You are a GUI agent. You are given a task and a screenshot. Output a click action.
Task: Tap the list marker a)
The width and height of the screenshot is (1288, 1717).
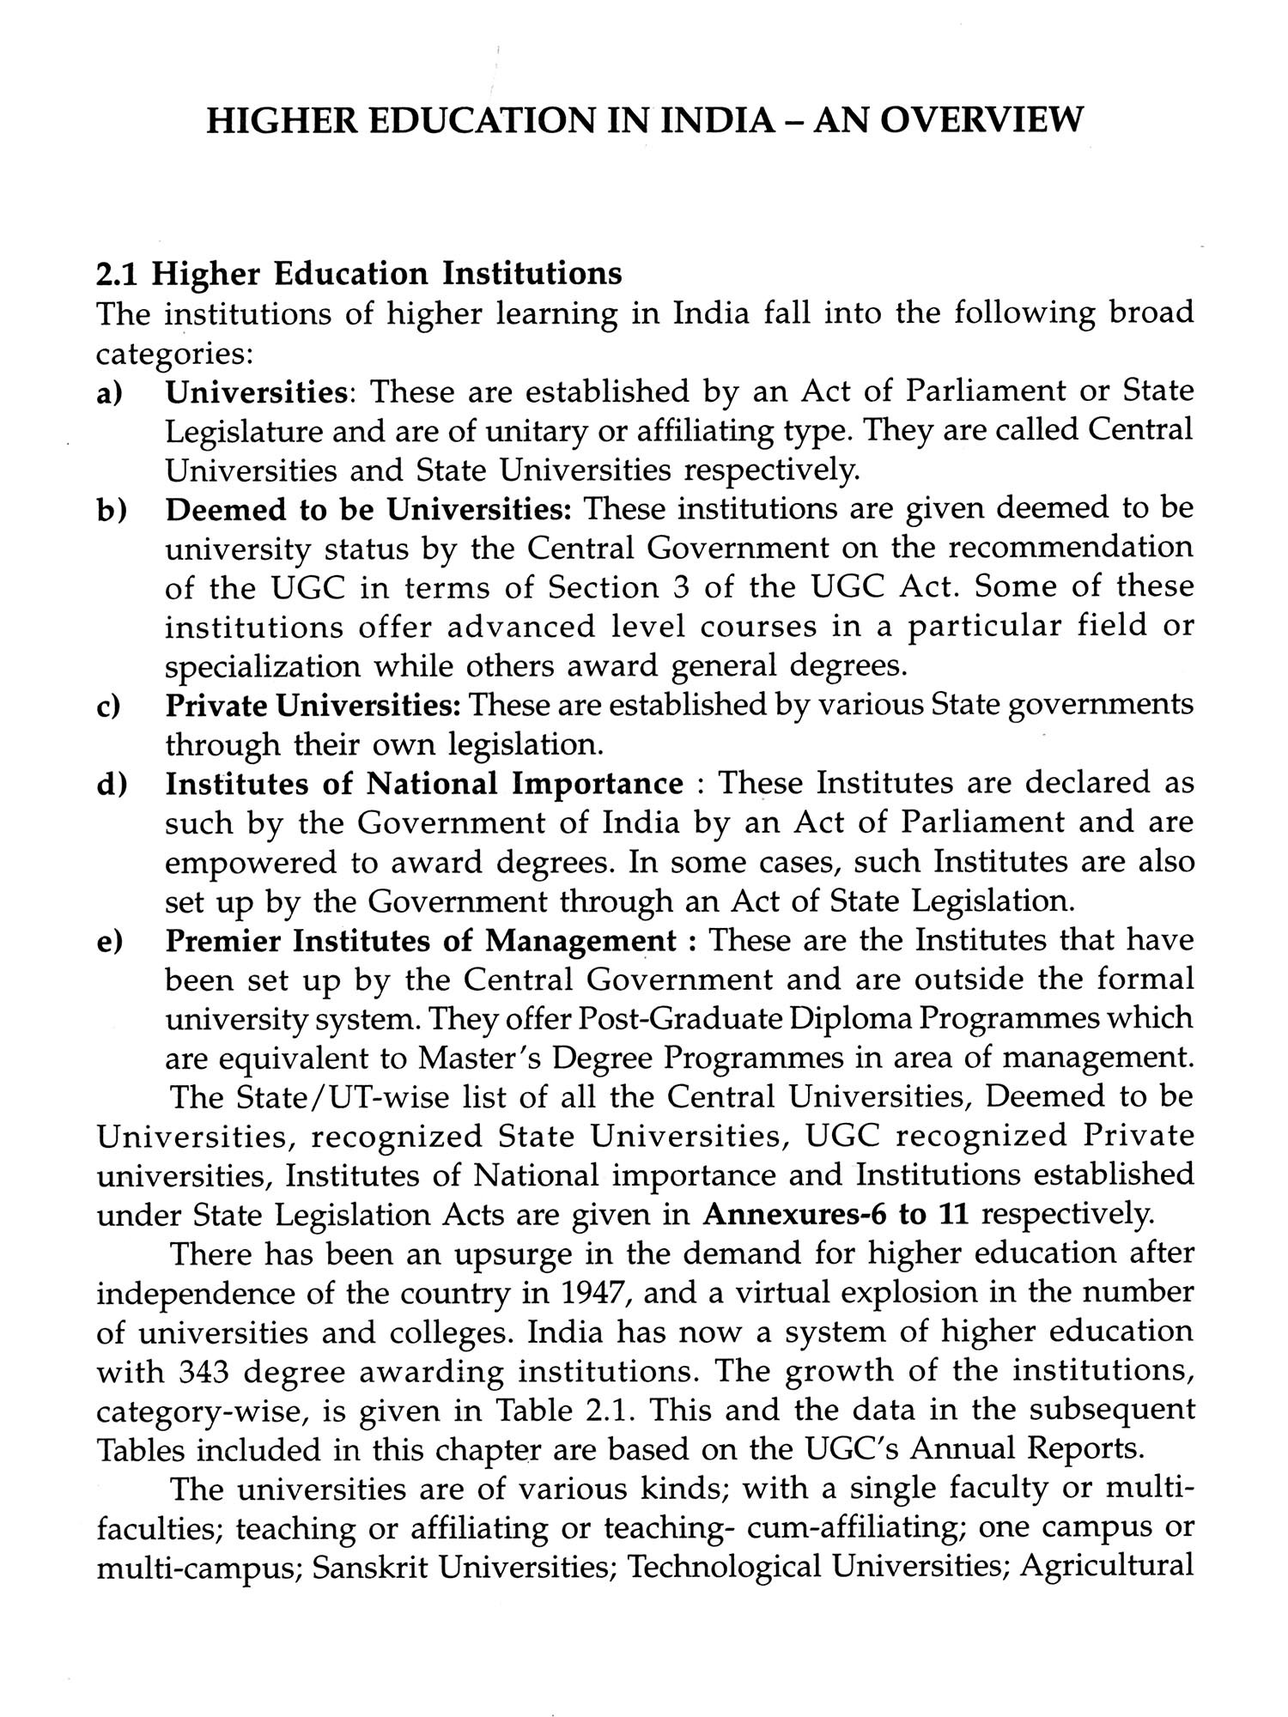109,392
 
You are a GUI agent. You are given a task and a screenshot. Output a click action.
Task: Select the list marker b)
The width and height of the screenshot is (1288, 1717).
110,510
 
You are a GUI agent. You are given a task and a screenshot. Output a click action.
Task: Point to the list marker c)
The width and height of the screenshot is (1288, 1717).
108,706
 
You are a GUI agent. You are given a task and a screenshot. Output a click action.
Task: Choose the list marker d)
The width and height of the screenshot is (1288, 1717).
110,785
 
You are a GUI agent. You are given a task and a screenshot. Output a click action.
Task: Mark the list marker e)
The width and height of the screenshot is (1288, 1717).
109,942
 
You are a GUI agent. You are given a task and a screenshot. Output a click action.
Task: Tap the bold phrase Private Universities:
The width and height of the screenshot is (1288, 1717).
313,706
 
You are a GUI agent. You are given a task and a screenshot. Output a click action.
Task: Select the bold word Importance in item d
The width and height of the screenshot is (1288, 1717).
598,785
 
